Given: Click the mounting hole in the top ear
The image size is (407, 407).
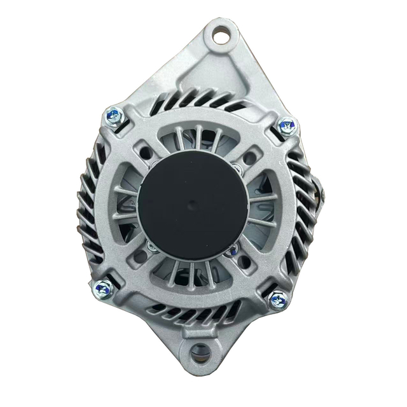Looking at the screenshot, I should coord(220,35).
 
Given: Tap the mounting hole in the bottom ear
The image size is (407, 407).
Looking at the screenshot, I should coord(201,350).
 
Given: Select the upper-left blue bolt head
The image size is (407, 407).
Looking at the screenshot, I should coord(114,116).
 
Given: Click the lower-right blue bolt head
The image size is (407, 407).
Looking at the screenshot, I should coord(277,299).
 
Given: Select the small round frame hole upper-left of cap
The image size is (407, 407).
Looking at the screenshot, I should coord(146,153).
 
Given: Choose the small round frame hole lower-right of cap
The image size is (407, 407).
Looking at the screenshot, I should coord(248,260).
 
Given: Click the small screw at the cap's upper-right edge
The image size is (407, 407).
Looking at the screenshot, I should coord(237,168).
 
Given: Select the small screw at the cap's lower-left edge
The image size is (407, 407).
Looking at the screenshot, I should coord(151,244).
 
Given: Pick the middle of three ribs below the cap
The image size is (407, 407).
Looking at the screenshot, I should coord(191,273).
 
